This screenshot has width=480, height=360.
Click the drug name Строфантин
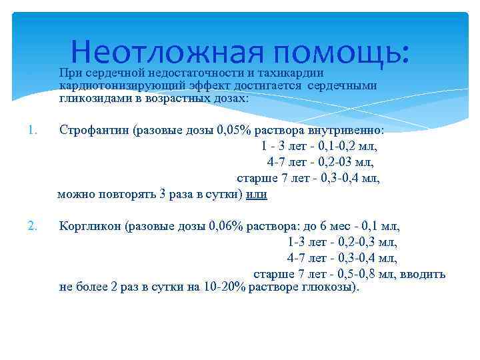[x=94, y=129]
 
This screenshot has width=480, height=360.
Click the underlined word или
[x=257, y=195]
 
